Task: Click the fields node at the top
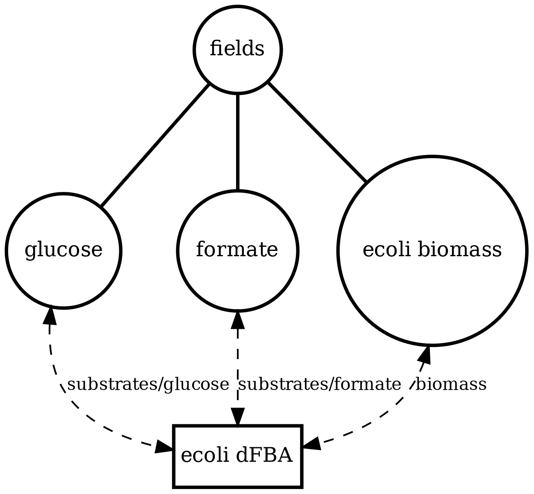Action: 237,50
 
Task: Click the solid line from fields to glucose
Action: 155,146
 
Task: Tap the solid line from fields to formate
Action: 237,142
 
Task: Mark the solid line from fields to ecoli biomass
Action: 317,132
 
